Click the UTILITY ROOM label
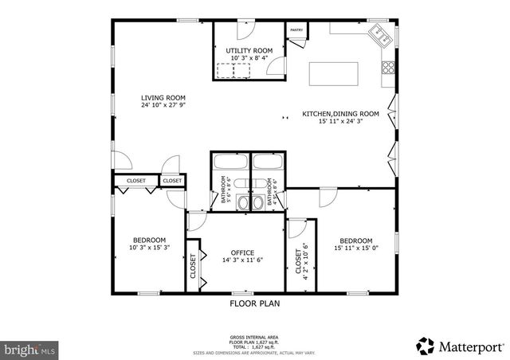click(251, 51)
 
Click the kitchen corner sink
click(379, 34)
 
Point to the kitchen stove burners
click(388, 67)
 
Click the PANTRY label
click(296, 30)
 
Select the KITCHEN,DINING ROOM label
click(340, 114)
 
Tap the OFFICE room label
click(242, 252)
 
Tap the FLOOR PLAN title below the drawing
click(254, 303)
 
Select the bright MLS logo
click(29, 349)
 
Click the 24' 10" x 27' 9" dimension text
click(163, 105)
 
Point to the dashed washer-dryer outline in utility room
click(241, 70)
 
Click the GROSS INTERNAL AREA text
click(254, 338)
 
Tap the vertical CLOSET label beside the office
click(193, 265)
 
